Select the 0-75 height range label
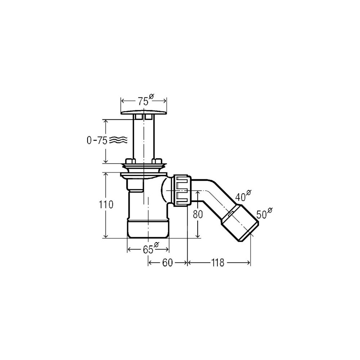click(97, 140)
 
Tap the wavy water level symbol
click(118, 139)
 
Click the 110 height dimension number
click(106, 204)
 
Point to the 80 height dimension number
click(198, 215)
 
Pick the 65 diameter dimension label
click(150, 248)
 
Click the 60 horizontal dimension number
click(167, 263)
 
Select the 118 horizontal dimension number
click(218, 263)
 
